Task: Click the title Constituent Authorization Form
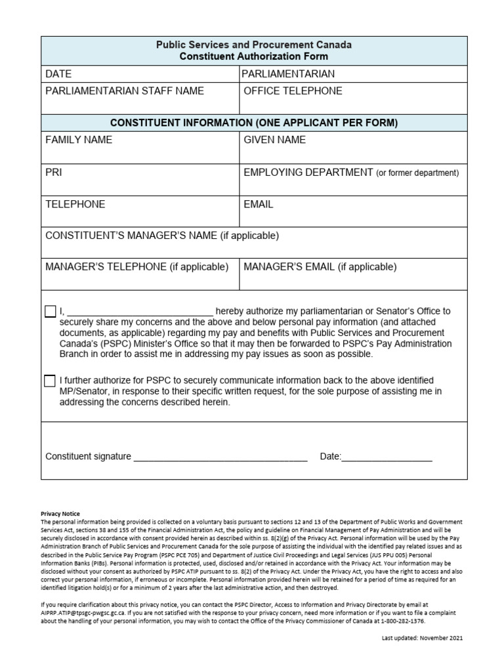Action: [254, 56]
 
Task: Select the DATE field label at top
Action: [58, 74]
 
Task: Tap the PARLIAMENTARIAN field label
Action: [288, 74]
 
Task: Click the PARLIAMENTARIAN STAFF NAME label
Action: [124, 91]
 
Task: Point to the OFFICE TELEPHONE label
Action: [293, 91]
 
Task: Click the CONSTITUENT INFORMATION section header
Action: [254, 123]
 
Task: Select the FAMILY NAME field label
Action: [79, 140]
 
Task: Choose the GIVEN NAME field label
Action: [274, 140]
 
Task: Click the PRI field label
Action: [54, 173]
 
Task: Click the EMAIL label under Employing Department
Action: [259, 204]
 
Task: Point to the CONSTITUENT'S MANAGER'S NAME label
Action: [162, 236]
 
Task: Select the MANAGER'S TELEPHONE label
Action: [136, 267]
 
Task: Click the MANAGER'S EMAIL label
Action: [320, 267]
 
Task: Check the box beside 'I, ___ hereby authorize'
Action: [51, 312]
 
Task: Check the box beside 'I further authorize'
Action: [51, 381]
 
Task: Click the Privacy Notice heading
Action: [60, 514]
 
